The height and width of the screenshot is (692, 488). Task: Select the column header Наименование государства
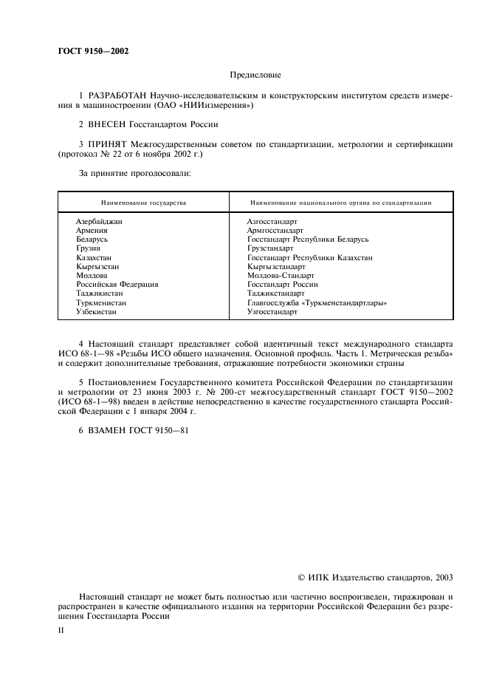coord(144,202)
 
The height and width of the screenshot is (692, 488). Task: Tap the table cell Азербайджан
coord(99,222)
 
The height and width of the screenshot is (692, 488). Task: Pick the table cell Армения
coord(92,231)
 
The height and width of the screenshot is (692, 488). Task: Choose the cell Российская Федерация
coord(117,285)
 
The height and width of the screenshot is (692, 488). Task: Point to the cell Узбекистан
coord(97,312)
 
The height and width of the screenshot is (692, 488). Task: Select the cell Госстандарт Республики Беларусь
coord(308,240)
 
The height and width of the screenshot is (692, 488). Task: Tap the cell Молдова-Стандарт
coord(281,276)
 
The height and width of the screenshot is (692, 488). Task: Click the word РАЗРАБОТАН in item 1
coord(116,96)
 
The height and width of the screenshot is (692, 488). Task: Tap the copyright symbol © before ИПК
coord(300,577)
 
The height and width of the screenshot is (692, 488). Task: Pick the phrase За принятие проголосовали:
coord(135,174)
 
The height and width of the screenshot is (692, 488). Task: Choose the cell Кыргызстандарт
coord(277,267)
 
